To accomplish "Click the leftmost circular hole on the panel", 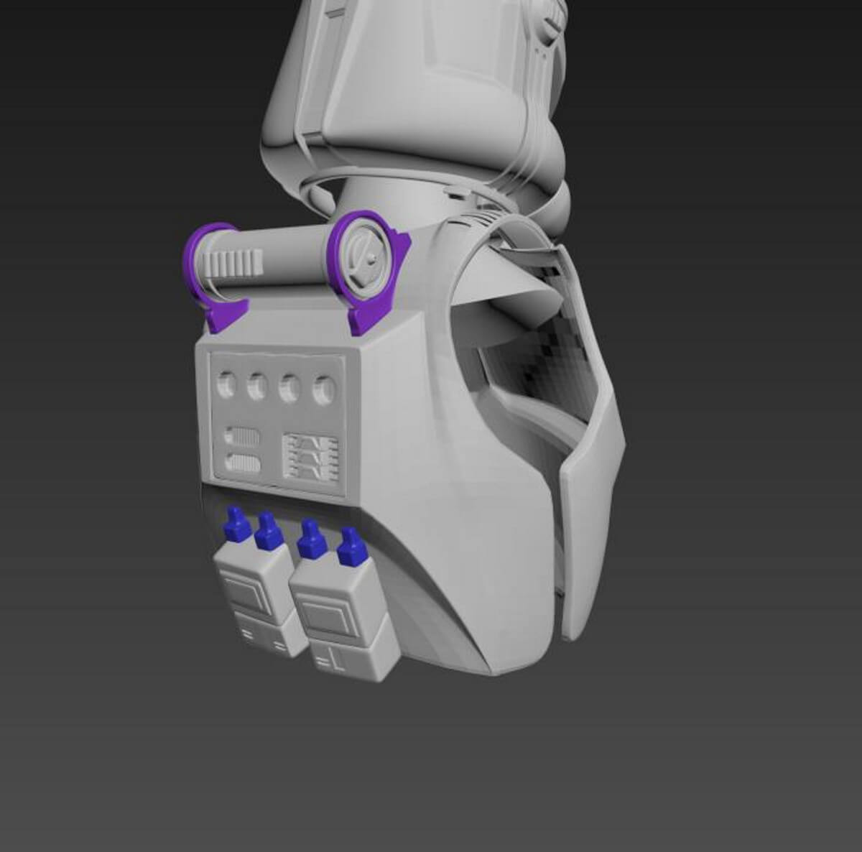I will tap(226, 387).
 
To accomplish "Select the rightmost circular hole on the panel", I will tap(325, 392).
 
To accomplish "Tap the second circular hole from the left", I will tap(257, 388).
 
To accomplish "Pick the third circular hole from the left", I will tap(290, 389).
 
